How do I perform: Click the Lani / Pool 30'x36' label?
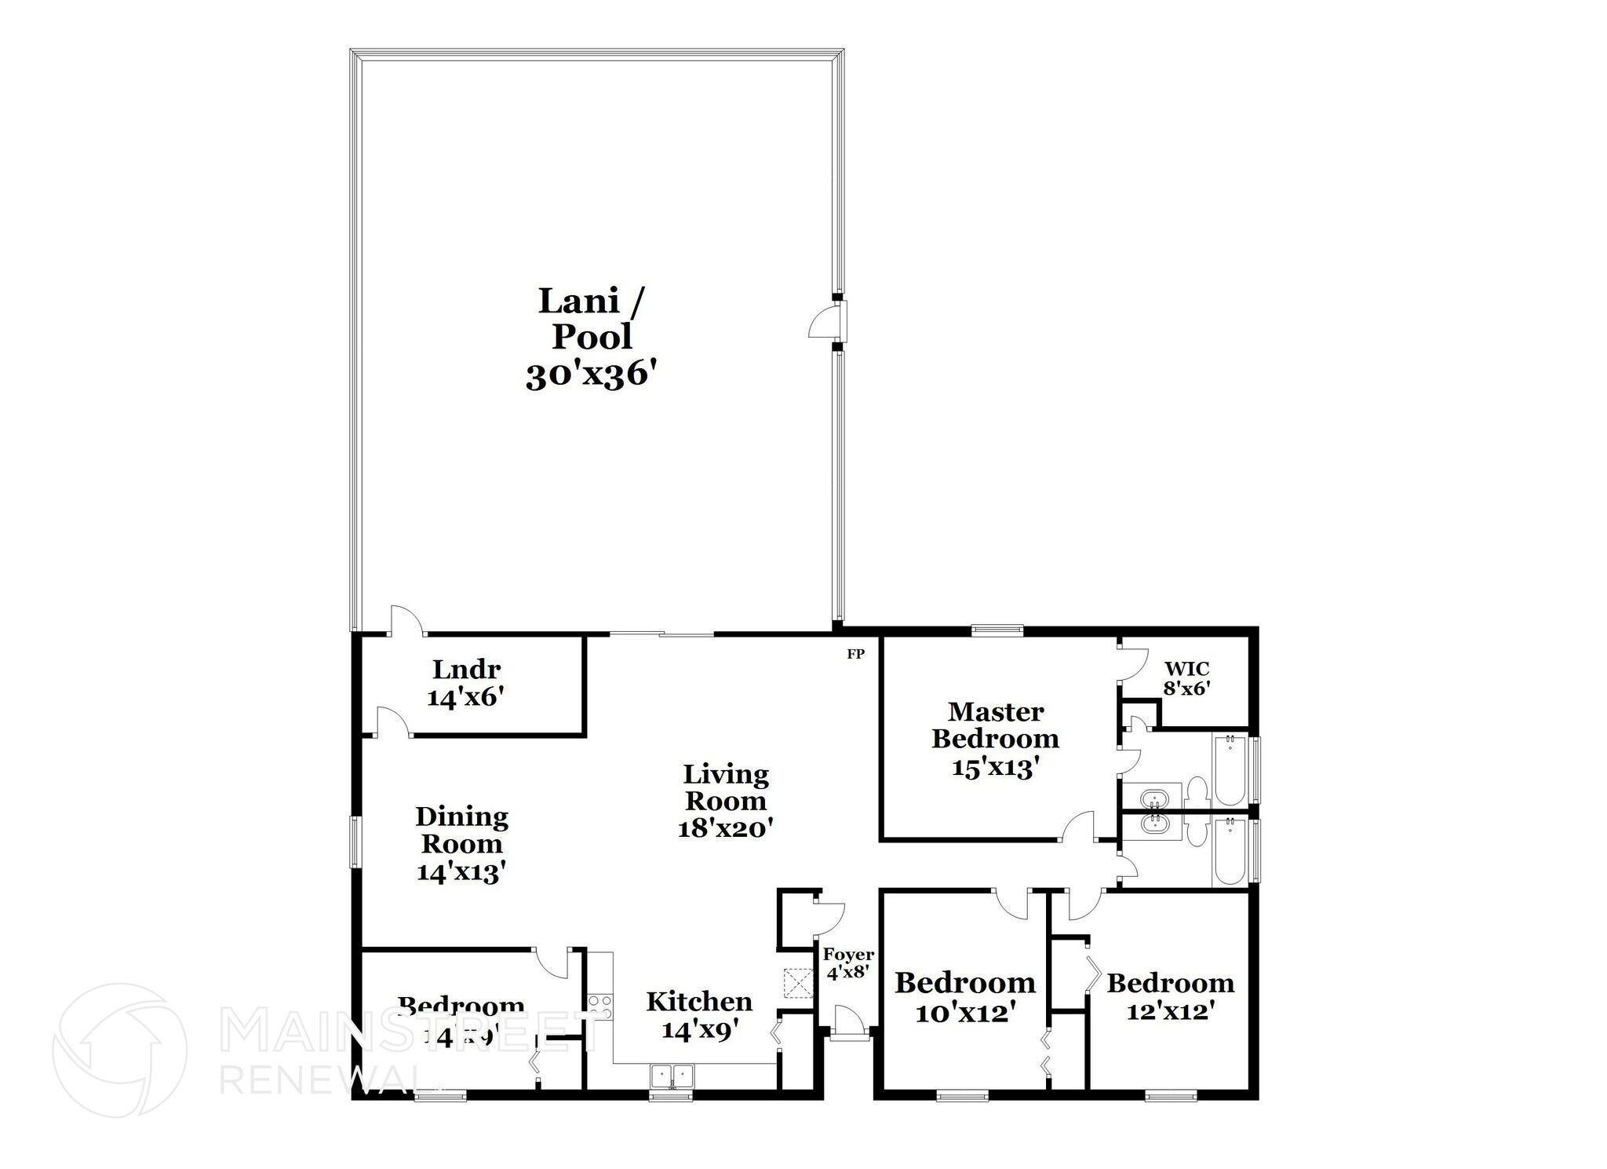590,338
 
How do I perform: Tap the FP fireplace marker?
855,653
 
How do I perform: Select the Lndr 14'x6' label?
465,683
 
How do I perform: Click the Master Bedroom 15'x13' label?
995,739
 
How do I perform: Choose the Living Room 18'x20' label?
726,801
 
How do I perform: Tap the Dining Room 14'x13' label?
461,844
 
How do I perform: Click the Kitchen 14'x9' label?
699,1014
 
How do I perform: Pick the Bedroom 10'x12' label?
965,997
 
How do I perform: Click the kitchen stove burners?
600,1006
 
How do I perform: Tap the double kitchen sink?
672,1075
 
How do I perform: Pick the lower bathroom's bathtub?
1229,853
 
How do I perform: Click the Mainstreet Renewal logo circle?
119,1050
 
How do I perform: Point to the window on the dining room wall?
355,842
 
